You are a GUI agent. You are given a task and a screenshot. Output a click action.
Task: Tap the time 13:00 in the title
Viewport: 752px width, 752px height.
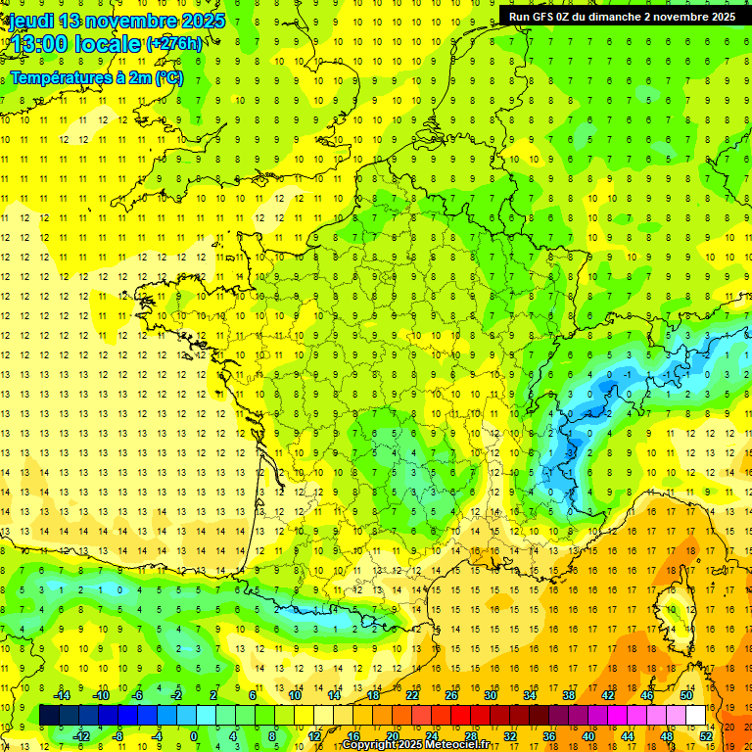[36, 44]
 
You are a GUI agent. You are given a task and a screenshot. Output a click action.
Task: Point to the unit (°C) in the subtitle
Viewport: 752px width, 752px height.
[168, 78]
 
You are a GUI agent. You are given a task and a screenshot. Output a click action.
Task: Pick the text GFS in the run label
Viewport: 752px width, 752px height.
[544, 17]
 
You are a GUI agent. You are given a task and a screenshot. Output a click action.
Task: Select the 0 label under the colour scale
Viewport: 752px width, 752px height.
[194, 735]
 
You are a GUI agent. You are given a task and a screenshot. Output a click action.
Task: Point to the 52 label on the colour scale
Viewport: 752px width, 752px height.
[706, 735]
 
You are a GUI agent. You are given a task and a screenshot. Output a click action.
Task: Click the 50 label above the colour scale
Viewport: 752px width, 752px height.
[685, 695]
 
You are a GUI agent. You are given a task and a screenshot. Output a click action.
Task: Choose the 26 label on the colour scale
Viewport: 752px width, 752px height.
[451, 695]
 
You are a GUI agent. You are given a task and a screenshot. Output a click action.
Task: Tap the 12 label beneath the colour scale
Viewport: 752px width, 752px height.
[314, 735]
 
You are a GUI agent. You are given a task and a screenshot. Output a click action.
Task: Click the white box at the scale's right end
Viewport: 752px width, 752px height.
[696, 716]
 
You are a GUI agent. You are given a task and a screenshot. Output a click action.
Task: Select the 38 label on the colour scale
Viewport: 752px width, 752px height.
[569, 695]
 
